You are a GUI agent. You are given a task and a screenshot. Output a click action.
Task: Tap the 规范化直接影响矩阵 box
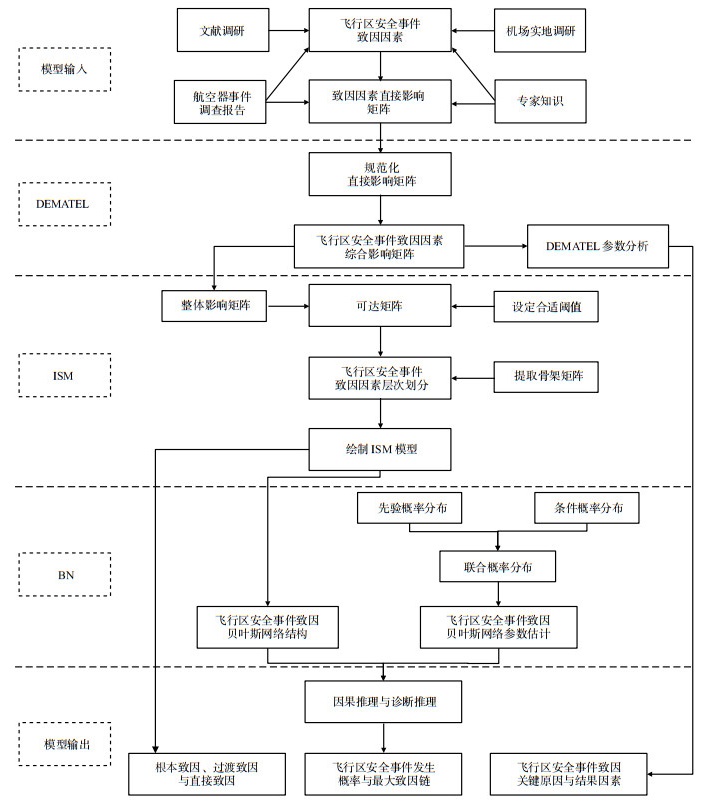381,174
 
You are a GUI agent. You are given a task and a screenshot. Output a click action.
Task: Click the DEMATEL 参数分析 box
596,246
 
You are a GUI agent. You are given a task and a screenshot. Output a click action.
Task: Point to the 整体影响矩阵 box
215,306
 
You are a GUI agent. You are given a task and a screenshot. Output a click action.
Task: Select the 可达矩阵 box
381,306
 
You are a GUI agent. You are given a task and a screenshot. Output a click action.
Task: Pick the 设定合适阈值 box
547,306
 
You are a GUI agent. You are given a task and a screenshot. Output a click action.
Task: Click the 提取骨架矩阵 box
547,377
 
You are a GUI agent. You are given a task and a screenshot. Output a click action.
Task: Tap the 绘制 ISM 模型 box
381,449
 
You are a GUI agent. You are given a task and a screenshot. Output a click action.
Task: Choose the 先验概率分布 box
409,510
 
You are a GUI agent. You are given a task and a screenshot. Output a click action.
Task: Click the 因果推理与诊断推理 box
383,702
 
